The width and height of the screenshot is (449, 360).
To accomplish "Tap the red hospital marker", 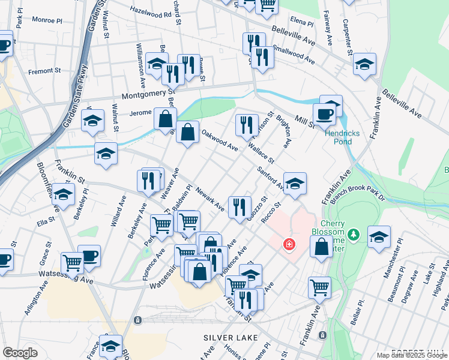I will point(289,245).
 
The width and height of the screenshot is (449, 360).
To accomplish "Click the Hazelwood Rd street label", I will point(151,11).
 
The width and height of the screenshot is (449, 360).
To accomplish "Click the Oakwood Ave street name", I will point(220,142).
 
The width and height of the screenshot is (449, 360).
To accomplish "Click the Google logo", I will point(20,352).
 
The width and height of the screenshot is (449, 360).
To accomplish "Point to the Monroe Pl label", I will point(47,20).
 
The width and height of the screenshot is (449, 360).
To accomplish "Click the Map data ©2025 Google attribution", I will point(411,355).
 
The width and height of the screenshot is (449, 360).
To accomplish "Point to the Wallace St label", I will point(262,152).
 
